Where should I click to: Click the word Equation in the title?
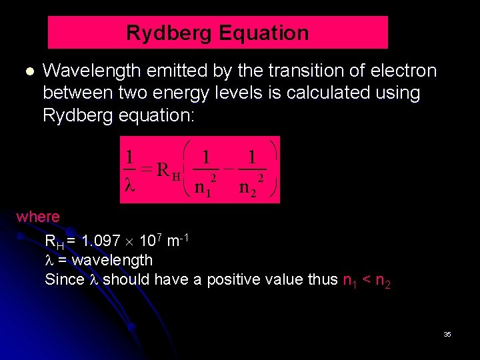tap(267, 33)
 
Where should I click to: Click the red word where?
tap(38, 217)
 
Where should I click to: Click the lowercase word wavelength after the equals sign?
tap(113, 260)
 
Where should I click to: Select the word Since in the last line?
tap(64, 280)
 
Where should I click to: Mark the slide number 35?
tap(447, 334)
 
